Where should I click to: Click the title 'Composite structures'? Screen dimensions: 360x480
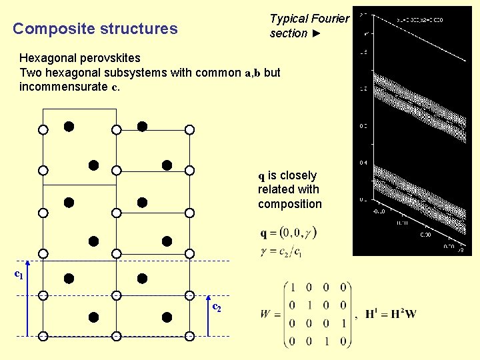pyautogui.click(x=95, y=29)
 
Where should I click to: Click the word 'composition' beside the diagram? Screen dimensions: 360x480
pyautogui.click(x=290, y=204)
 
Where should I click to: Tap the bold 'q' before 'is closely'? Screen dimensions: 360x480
pyautogui.click(x=262, y=176)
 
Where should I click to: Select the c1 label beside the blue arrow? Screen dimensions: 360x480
pyautogui.click(x=19, y=274)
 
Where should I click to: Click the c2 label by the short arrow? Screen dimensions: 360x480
pyautogui.click(x=217, y=307)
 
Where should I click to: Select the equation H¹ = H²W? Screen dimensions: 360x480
pyautogui.click(x=391, y=314)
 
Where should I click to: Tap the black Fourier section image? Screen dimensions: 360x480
pyautogui.click(x=411, y=131)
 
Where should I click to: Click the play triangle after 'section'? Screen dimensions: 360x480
pyautogui.click(x=317, y=33)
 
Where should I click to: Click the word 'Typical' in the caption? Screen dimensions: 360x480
pyautogui.click(x=289, y=19)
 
